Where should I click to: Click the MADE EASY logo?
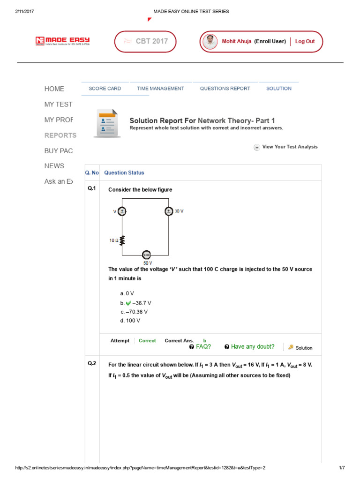tap(62, 41)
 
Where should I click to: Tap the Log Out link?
tap(305, 41)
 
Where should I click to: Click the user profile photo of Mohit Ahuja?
tap(210, 41)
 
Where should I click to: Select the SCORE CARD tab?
tap(105, 89)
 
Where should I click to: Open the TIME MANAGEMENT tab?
tap(160, 89)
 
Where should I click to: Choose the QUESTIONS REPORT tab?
tap(225, 89)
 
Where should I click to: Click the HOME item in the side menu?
tap(54, 89)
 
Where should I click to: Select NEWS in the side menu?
tap(54, 166)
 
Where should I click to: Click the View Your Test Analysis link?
tap(290, 147)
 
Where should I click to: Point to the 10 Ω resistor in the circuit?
tap(122, 240)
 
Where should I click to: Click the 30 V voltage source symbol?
tap(169, 211)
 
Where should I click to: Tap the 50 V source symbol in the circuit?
tap(146, 255)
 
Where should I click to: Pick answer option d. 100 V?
tap(130, 321)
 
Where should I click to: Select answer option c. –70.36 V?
tap(134, 312)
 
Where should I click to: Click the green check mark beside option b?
tap(128, 303)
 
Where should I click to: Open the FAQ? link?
tap(200, 347)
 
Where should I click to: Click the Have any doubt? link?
tap(249, 347)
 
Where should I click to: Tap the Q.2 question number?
tap(91, 363)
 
